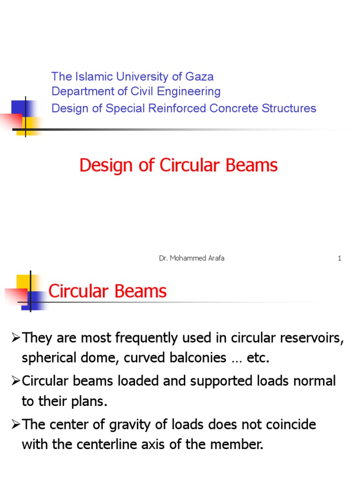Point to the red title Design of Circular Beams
(179, 165)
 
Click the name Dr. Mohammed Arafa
(192, 258)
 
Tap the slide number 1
(339, 258)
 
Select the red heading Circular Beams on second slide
(107, 292)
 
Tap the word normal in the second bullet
(312, 381)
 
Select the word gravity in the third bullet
(162, 425)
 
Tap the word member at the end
(238, 445)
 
